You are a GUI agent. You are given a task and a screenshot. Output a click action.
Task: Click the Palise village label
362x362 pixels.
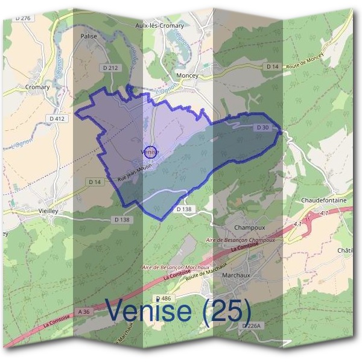[x=89, y=36]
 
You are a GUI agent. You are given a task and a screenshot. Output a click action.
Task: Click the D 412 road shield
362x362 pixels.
[x=57, y=119]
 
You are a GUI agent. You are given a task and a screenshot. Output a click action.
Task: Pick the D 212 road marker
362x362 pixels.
[x=110, y=68]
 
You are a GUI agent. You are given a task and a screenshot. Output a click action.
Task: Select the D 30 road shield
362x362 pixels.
[x=262, y=127]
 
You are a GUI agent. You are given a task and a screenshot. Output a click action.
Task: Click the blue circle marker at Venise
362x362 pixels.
[x=151, y=153]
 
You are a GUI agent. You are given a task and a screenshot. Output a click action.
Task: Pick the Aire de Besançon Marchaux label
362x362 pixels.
[x=176, y=267]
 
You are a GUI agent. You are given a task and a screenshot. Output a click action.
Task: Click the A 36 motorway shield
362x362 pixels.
[x=83, y=311]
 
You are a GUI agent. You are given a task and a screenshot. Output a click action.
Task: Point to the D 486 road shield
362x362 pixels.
[x=164, y=299]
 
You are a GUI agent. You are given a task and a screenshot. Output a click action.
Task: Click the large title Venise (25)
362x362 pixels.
[x=179, y=311]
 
